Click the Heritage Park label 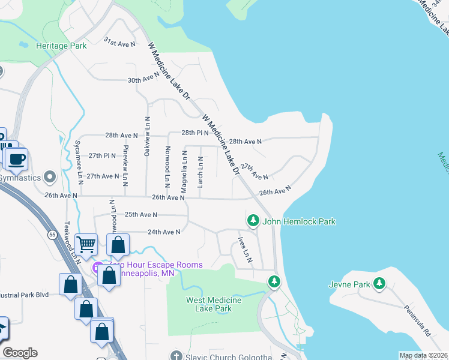[61, 46]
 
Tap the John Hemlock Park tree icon [253, 221]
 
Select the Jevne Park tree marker [379, 283]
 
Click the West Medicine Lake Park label [213, 304]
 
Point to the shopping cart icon [87, 244]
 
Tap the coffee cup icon [16, 159]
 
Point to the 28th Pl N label [195, 133]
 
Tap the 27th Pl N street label [101, 155]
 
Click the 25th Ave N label [140, 214]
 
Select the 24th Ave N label [164, 232]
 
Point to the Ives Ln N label [245, 250]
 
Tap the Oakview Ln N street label [146, 137]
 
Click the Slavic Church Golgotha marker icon [175, 355]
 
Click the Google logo [20, 353]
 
